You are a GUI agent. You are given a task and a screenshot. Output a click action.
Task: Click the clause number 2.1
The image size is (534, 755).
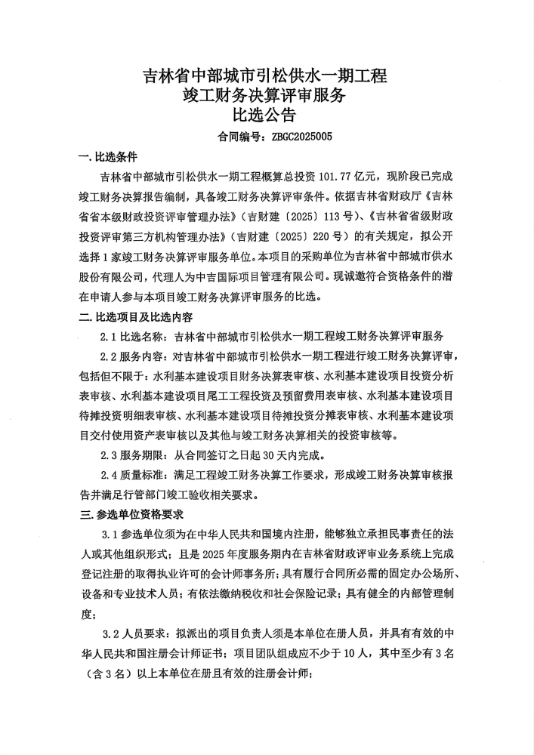point(110,336)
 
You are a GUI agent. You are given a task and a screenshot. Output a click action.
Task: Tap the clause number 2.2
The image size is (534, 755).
point(110,356)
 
